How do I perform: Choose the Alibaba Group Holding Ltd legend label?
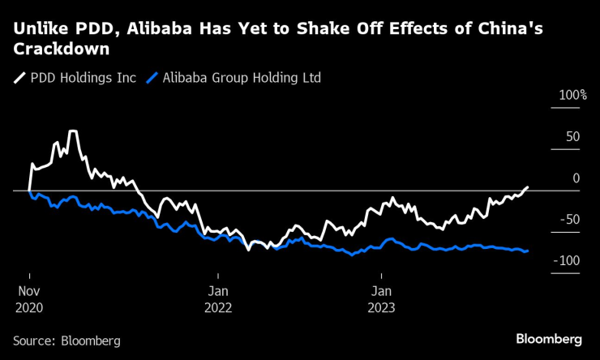click(242, 79)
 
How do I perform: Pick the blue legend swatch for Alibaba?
click(152, 79)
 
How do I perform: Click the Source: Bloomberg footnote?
click(66, 341)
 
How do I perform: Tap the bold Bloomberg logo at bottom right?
click(549, 338)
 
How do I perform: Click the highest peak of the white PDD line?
click(73, 131)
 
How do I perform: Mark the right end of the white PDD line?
click(528, 187)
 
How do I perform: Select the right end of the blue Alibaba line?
click(528, 251)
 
